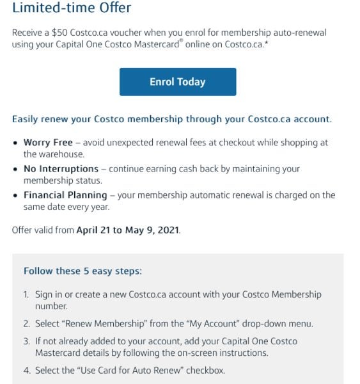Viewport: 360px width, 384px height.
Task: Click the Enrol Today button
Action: [177, 82]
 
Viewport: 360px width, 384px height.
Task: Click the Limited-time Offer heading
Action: [72, 8]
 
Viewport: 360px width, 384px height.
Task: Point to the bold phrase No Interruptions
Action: [61, 169]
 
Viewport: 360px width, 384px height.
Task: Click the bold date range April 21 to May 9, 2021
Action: [128, 230]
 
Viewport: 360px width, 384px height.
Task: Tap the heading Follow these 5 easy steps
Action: [82, 271]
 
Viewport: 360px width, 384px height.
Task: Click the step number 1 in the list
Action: [26, 295]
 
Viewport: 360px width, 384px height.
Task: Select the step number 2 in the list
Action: [26, 324]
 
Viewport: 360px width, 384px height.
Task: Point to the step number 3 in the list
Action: [26, 341]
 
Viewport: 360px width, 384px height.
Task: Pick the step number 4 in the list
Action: [26, 370]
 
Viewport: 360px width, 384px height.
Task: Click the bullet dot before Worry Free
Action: [16, 143]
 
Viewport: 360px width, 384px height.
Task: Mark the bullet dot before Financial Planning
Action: [16, 195]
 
